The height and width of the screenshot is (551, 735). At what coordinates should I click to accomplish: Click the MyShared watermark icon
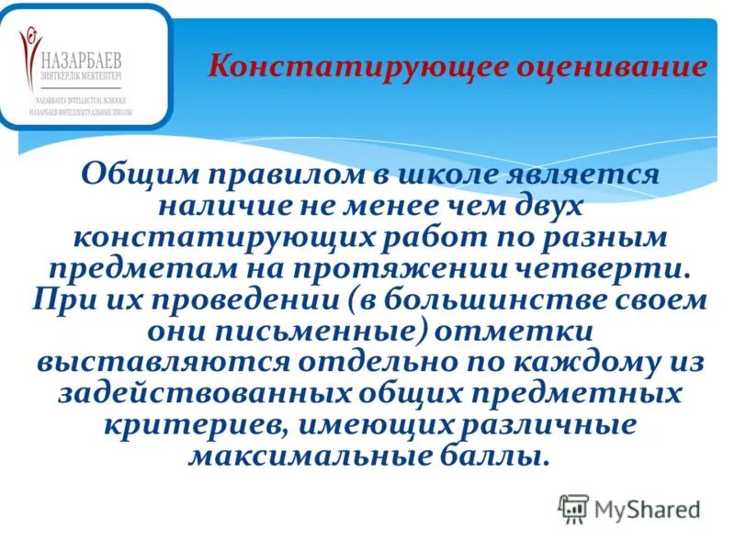(x=573, y=508)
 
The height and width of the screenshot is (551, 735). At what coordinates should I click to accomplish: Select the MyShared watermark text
(x=648, y=509)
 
